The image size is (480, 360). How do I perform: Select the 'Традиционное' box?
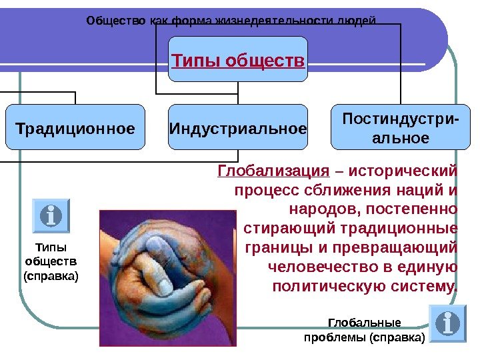pos(75,127)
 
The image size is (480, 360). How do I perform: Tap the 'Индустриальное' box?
pos(238,127)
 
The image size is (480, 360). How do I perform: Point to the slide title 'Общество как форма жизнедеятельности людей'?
pos(231,20)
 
